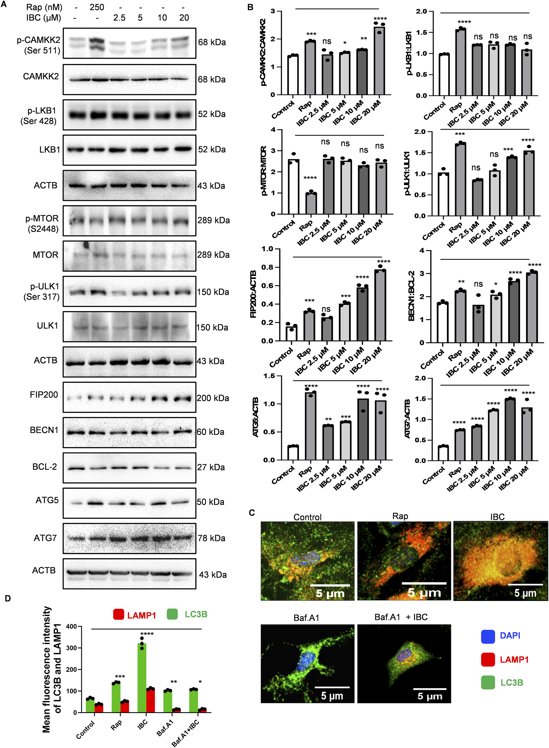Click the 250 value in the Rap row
(97, 7)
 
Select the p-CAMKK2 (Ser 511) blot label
(39, 45)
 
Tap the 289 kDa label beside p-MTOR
(213, 220)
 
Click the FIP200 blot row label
(44, 395)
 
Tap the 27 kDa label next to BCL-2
(211, 467)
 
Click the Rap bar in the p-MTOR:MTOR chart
(311, 203)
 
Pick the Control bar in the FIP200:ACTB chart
(291, 333)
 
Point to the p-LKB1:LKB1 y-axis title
(409, 53)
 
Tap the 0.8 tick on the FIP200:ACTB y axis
(267, 267)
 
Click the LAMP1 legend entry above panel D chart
(135, 616)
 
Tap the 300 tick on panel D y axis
(72, 648)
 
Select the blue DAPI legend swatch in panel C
(488, 636)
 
